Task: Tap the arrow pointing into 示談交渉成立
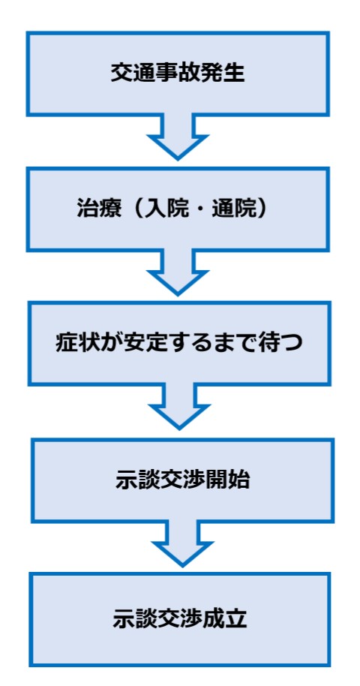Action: tap(182, 544)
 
